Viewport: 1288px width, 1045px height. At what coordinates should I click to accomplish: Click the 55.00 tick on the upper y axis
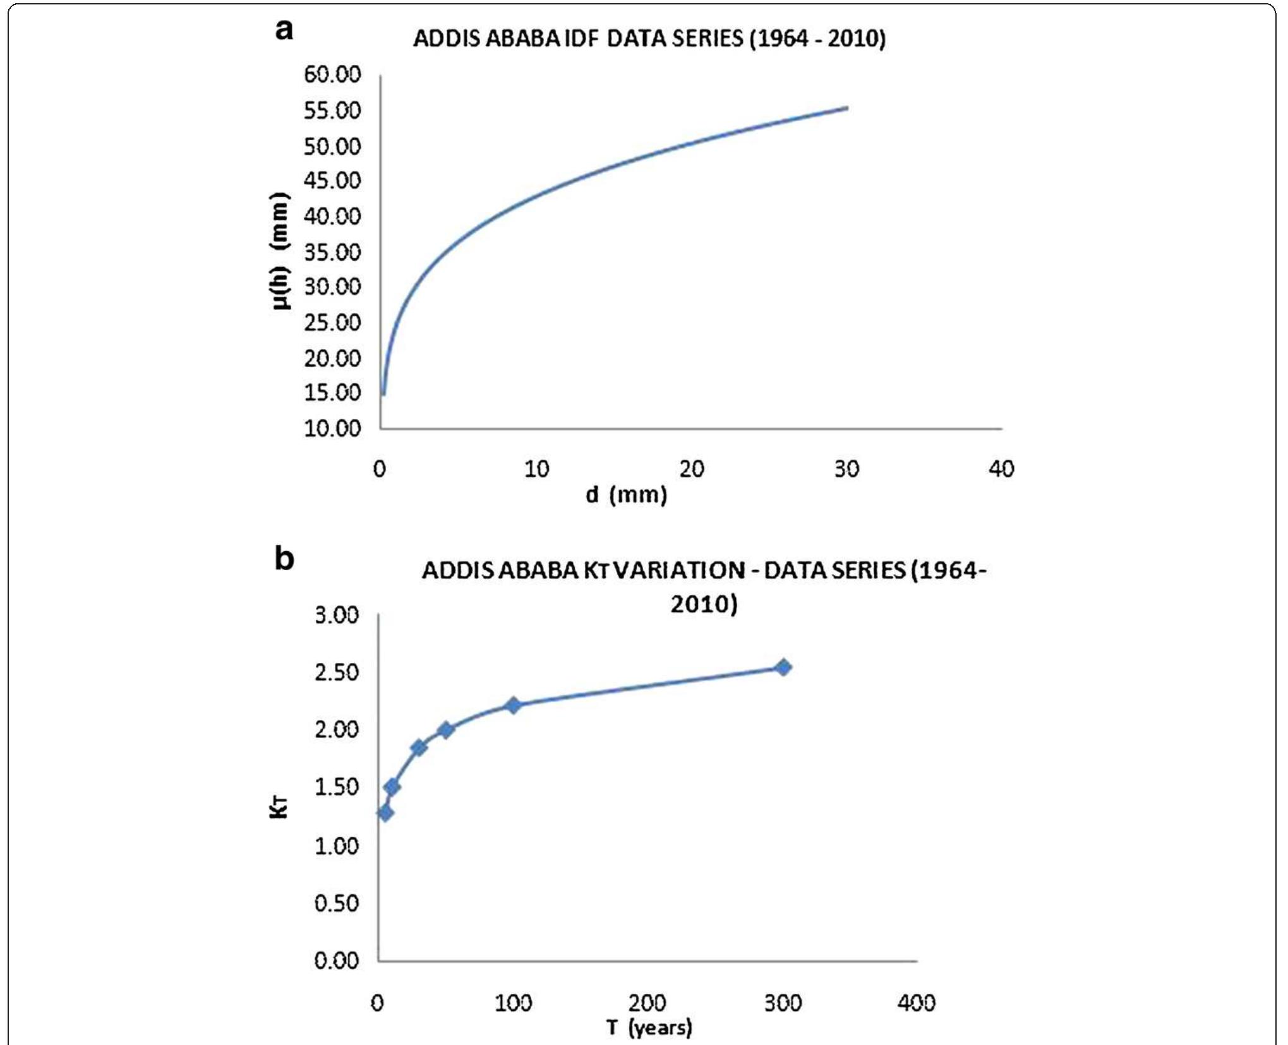(x=332, y=110)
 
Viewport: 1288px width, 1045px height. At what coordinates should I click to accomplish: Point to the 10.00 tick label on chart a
(x=332, y=428)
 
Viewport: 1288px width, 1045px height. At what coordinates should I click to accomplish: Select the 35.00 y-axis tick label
(x=332, y=252)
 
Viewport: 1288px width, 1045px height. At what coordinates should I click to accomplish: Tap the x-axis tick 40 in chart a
(x=1001, y=469)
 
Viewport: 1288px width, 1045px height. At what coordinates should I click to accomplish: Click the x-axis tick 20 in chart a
(x=691, y=469)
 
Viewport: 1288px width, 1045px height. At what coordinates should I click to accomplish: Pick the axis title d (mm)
(x=625, y=495)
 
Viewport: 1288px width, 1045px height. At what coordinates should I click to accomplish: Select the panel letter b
(x=284, y=558)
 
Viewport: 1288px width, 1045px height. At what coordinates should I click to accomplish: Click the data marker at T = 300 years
(x=783, y=667)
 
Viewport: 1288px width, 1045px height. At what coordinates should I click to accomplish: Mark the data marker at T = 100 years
(x=513, y=705)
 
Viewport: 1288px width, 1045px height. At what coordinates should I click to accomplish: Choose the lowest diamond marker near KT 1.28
(x=385, y=813)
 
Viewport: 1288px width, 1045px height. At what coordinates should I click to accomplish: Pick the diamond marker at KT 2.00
(x=445, y=730)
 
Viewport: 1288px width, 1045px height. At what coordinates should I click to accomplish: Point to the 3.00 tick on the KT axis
(x=336, y=615)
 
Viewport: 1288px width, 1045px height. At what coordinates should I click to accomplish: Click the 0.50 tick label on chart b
(x=336, y=903)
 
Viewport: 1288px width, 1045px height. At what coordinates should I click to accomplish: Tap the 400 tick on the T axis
(x=916, y=1003)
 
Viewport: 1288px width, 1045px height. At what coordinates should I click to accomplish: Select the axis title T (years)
(x=649, y=1028)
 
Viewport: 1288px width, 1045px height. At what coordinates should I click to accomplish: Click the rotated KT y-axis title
(x=279, y=808)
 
